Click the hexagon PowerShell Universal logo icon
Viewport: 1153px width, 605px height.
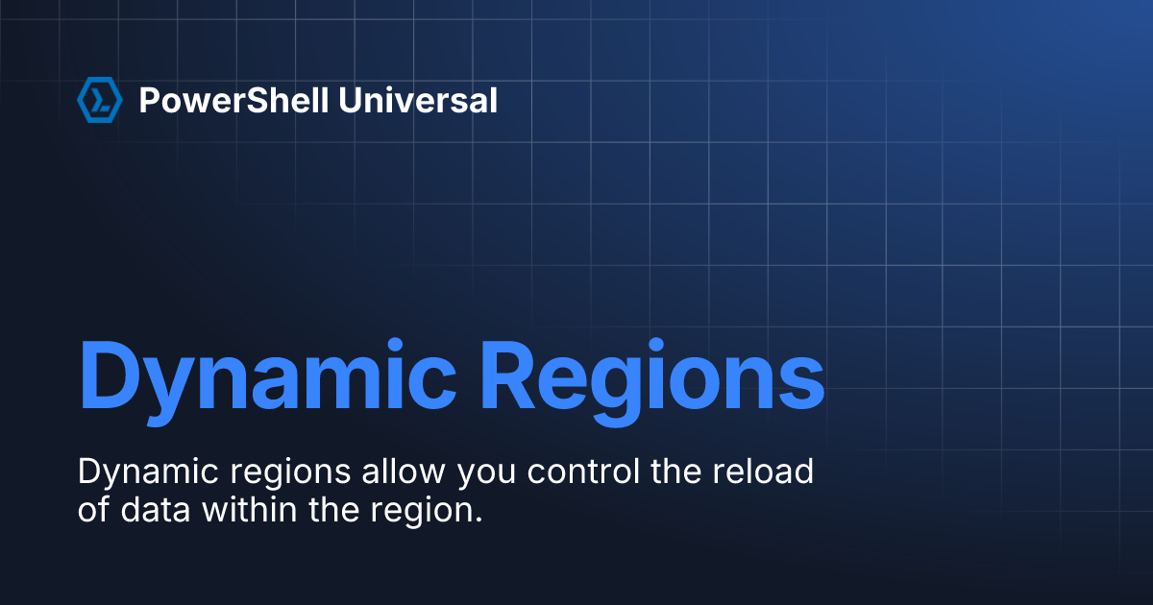[99, 100]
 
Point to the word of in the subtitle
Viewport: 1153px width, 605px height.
[94, 509]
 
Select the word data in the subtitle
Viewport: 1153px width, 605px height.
[158, 509]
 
